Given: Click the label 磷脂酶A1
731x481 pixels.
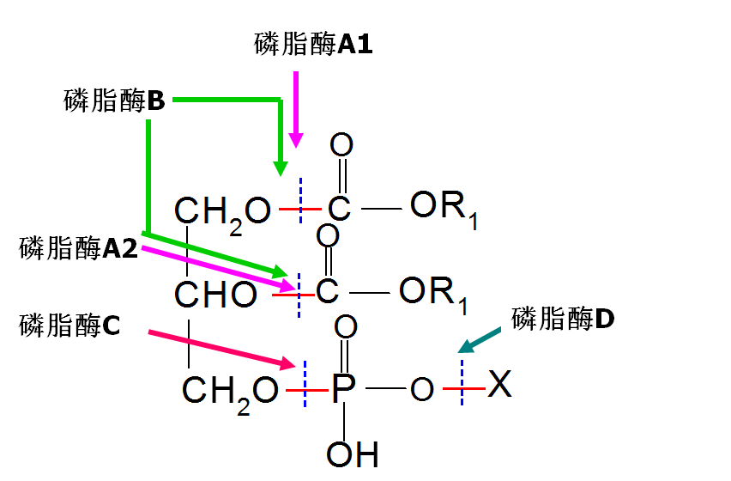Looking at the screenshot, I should tap(313, 45).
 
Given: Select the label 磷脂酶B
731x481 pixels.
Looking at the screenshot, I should tap(114, 101).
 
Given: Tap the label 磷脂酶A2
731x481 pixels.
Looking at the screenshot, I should tap(77, 249).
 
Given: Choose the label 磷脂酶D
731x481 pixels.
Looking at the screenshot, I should tap(563, 320).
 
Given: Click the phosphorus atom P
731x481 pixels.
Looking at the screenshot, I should tap(343, 389).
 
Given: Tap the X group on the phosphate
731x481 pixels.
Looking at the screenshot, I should tap(499, 386).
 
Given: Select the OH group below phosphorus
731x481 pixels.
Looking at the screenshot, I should tap(352, 453).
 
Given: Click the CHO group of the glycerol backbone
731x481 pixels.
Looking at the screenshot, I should tap(215, 295).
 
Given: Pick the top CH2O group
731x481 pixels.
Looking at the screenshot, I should tap(222, 210).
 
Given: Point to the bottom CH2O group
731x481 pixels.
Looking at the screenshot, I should tap(230, 392).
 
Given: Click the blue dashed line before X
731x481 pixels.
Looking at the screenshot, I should tap(462, 383).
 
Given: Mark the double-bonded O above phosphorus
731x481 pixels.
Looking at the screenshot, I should tap(345, 327).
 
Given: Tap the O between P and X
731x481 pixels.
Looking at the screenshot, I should tap(421, 390).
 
